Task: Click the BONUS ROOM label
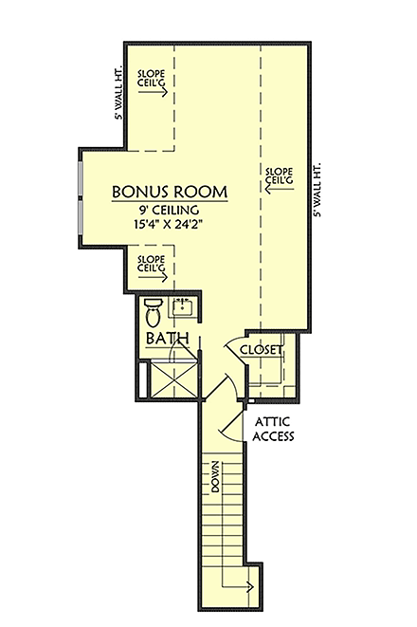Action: (170, 191)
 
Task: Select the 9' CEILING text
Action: (171, 211)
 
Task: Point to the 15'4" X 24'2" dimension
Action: (171, 226)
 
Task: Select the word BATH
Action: (168, 339)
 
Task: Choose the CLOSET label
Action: (262, 350)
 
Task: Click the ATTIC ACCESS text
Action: (274, 430)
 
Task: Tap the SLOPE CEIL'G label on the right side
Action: (278, 175)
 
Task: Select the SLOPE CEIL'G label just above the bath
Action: (152, 264)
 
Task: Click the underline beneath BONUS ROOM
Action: (171, 201)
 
